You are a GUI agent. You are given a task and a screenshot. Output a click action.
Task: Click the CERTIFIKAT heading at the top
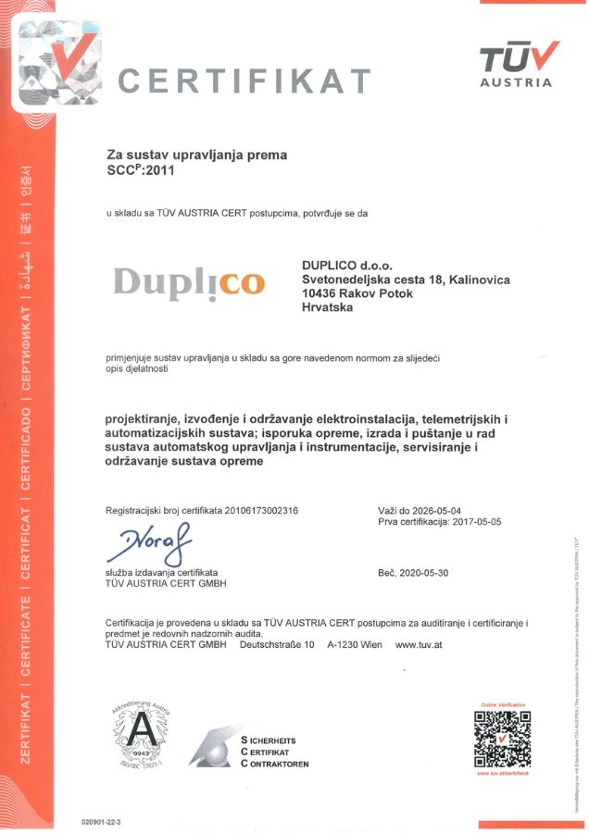click(245, 81)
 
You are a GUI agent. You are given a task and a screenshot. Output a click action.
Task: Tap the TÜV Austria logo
click(518, 64)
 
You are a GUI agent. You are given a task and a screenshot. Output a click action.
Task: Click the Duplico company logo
click(189, 281)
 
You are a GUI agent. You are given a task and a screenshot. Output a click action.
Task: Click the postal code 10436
click(322, 293)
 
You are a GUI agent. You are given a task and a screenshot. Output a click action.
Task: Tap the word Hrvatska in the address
click(328, 309)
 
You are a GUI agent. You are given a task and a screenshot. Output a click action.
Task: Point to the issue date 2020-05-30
click(424, 573)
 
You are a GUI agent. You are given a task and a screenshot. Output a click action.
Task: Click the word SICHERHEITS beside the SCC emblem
click(279, 740)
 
